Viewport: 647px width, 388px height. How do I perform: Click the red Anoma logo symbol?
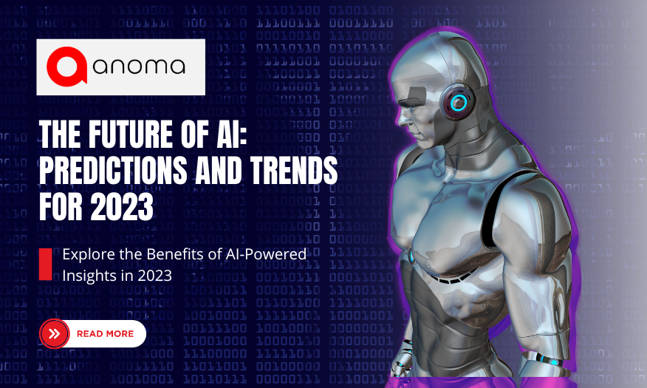pyautogui.click(x=69, y=67)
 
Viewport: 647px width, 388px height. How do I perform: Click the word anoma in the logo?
pyautogui.click(x=140, y=67)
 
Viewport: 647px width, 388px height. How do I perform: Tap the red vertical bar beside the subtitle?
pyautogui.click(x=45, y=264)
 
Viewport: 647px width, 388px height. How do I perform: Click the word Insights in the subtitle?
pyautogui.click(x=87, y=275)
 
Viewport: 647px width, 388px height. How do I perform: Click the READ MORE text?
pyautogui.click(x=105, y=334)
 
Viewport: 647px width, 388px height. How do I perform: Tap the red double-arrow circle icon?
pyautogui.click(x=54, y=334)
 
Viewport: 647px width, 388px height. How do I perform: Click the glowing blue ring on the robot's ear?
pyautogui.click(x=459, y=101)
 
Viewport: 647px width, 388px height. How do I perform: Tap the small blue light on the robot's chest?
pyautogui.click(x=411, y=256)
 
